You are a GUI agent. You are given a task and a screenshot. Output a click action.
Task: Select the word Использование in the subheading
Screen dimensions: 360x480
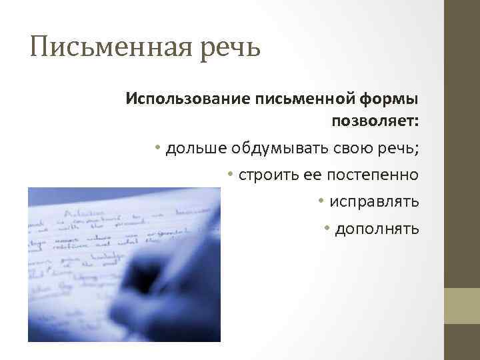pyautogui.click(x=187, y=99)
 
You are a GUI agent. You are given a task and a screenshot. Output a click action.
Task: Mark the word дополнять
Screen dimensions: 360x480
pyautogui.click(x=377, y=229)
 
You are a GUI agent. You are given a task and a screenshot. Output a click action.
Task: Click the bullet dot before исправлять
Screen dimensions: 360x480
pyautogui.click(x=321, y=201)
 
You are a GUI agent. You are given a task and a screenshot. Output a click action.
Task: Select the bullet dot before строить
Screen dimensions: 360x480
pyautogui.click(x=229, y=174)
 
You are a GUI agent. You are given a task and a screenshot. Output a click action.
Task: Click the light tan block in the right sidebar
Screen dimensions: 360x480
pyautogui.click(x=462, y=306)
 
